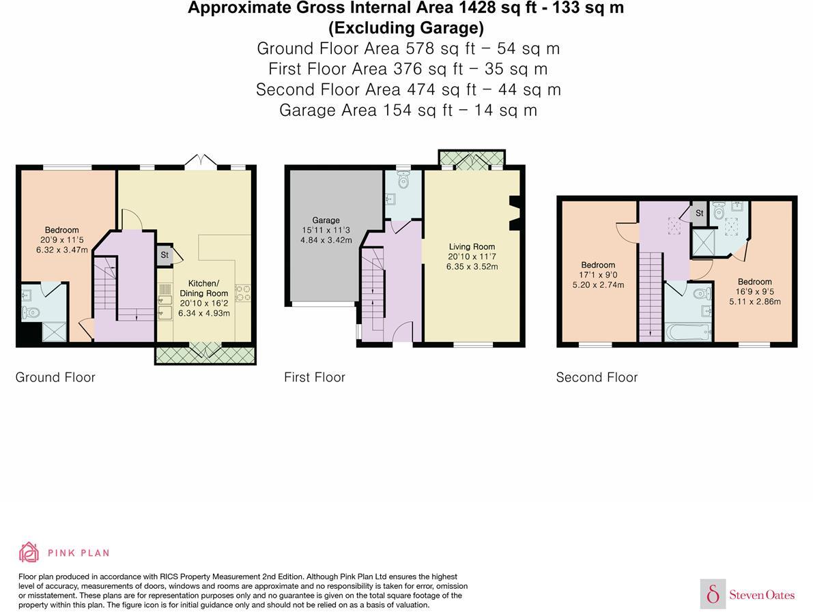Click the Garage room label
(326, 220)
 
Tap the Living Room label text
(472, 246)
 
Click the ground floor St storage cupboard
(165, 255)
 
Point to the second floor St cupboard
(699, 214)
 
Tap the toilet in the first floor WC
(403, 182)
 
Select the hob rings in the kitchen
(242, 293)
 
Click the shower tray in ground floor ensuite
(53, 332)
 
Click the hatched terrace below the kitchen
(205, 354)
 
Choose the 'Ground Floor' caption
(55, 377)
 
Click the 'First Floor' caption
(315, 377)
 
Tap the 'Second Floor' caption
(597, 377)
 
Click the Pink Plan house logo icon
(29, 552)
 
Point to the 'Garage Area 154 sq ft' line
(408, 110)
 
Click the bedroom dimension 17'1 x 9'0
(598, 275)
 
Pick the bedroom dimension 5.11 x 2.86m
(754, 302)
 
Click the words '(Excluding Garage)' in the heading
(405, 28)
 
